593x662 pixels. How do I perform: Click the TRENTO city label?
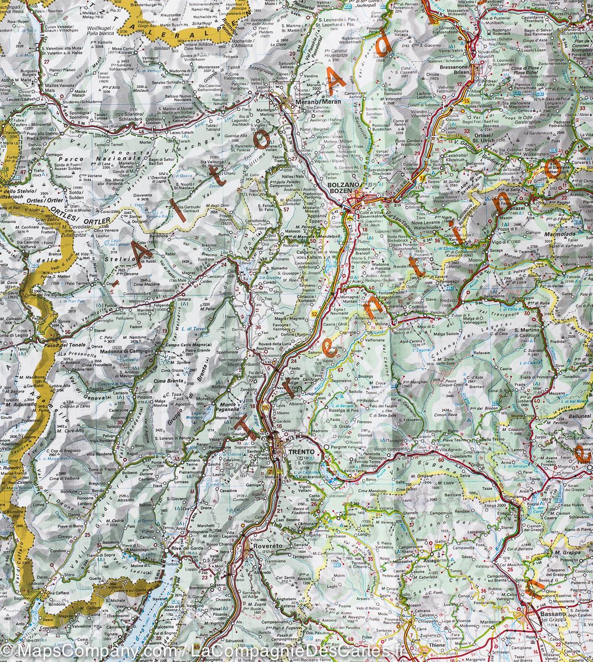301,452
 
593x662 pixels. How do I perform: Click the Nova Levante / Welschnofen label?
441,220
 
